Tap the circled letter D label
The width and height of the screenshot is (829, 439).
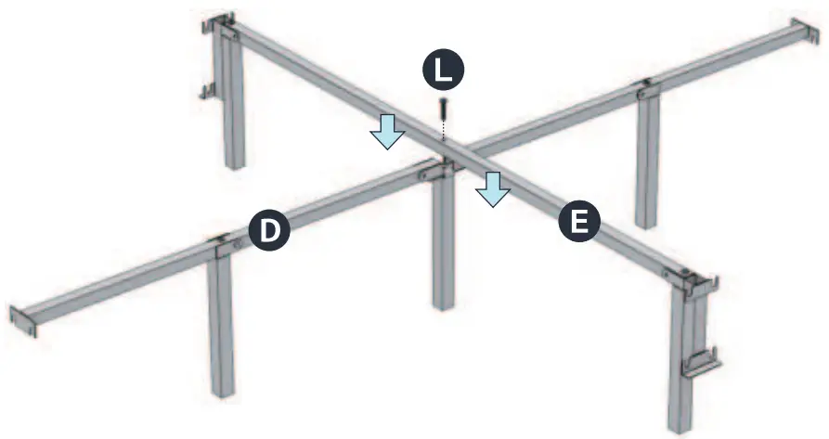tap(270, 229)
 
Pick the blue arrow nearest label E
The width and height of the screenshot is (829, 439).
tap(492, 188)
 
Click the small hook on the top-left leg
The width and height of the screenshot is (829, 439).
tap(208, 89)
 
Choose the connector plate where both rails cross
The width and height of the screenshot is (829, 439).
tap(436, 171)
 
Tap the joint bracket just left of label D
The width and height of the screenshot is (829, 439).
tap(223, 245)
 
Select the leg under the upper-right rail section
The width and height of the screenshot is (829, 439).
tap(647, 158)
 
